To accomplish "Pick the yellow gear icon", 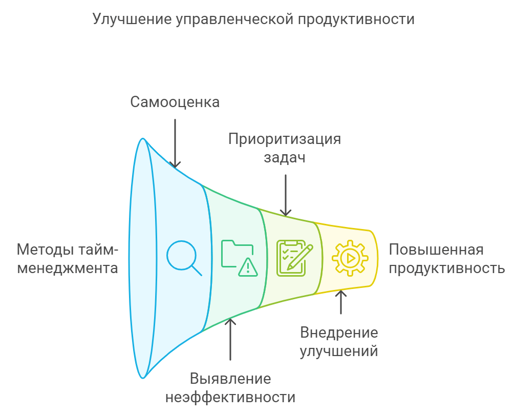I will point(350,258).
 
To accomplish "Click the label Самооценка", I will point(175,102).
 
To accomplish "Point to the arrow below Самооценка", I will point(175,143).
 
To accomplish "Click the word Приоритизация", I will point(285,139).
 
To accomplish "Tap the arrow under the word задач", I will point(286,195).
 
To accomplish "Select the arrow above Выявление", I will point(230,339).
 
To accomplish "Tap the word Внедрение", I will point(339,333).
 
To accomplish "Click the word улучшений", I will point(339,351).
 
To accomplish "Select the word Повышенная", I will point(436,250).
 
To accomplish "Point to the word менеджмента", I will point(68,268).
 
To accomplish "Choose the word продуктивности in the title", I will point(356,19).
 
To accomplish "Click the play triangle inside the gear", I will point(351,258).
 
